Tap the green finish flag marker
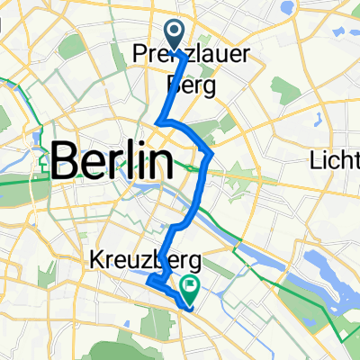(191, 289)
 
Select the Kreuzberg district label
(145, 259)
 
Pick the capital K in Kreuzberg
(96, 259)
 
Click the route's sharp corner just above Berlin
(158, 121)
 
